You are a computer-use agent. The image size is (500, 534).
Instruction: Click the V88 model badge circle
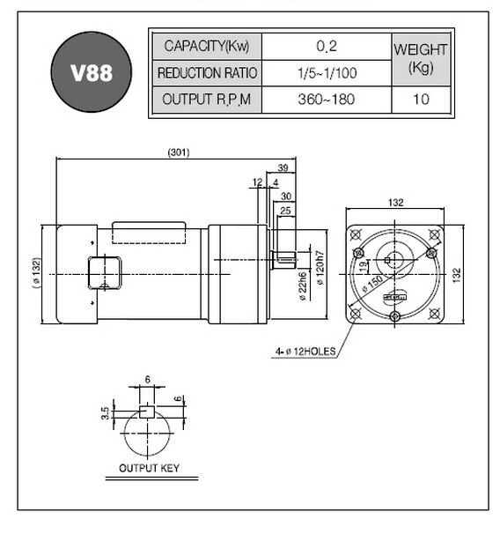92,72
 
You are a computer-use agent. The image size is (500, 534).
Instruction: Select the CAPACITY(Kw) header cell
207,47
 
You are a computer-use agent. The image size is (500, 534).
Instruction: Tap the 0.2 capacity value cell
327,47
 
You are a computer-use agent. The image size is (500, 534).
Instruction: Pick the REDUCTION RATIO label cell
207,73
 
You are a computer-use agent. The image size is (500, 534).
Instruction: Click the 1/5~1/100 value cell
327,73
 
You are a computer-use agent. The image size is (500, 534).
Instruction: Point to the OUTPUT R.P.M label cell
207,100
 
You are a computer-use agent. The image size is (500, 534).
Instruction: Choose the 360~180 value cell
327,100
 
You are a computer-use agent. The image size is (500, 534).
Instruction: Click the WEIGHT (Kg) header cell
421,59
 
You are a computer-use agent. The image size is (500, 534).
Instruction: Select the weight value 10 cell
421,100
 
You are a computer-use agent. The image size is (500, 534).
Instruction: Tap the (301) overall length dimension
179,152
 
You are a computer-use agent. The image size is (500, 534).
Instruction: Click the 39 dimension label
283,167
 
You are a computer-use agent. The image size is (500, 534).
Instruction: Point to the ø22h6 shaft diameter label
303,286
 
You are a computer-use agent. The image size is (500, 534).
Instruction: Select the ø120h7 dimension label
320,268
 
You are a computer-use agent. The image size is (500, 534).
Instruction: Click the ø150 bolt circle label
372,284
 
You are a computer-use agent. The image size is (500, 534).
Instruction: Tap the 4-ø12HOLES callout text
305,351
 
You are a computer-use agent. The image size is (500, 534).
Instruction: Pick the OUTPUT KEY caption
149,468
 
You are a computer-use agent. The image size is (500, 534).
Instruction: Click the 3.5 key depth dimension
106,413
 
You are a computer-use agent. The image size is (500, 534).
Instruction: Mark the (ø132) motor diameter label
36,273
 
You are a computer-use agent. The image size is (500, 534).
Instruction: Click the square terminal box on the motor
105,273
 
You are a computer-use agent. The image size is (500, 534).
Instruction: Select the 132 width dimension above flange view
395,203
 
